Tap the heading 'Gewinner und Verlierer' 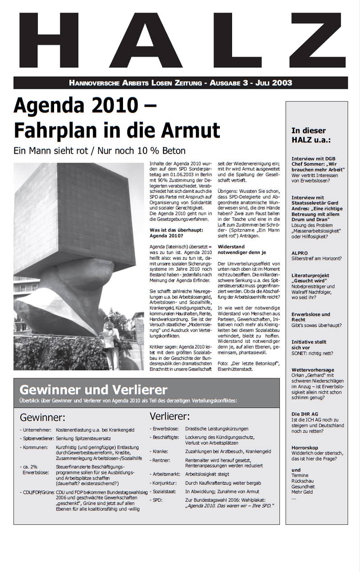tap(94, 390)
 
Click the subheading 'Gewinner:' tap(42, 417)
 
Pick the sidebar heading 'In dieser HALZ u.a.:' tap(311, 135)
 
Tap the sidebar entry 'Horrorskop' tap(305, 447)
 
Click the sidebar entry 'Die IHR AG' tap(305, 413)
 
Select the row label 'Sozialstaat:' tap(165, 491)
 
